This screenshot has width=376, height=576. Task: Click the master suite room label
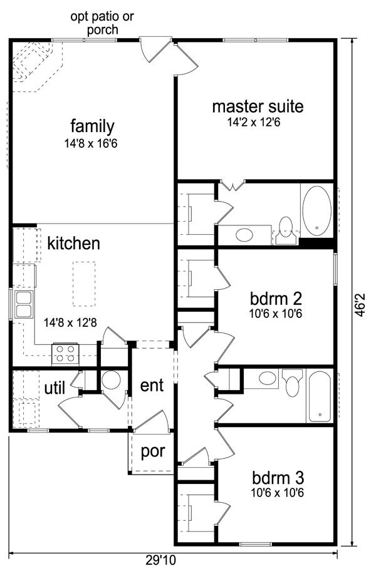coord(258,106)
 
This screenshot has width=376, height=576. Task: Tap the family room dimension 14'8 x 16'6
coord(91,143)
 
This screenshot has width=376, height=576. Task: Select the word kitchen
coord(73,243)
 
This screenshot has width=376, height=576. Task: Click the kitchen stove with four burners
coord(65,354)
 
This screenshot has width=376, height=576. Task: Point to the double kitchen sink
coord(23,304)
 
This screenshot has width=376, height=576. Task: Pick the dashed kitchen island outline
coord(84,284)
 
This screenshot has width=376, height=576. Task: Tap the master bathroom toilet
coord(286,230)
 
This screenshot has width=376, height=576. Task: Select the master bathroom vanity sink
coord(244,235)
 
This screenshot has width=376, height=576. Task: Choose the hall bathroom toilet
coord(292,383)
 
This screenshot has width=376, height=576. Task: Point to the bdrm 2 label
coord(276,299)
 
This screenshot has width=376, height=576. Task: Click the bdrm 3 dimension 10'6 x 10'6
coord(278,493)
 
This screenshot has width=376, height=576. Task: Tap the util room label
coord(55,388)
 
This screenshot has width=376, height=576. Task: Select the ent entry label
coord(152,385)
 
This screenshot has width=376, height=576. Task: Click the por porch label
coord(153,452)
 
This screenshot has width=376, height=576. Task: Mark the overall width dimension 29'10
coord(160,560)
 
